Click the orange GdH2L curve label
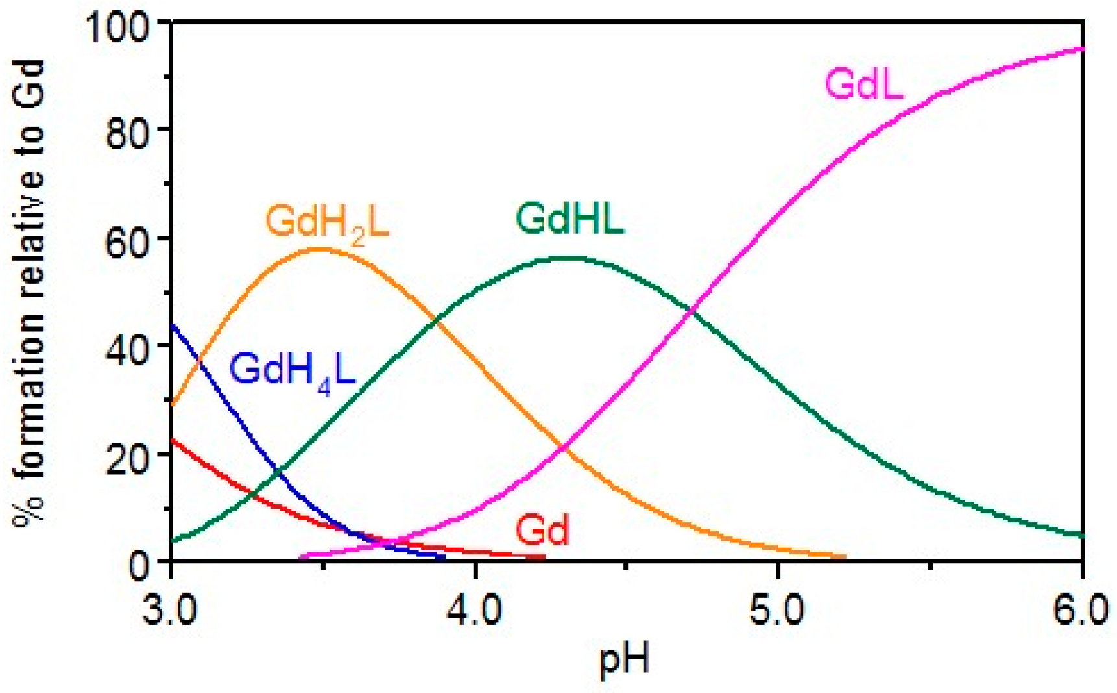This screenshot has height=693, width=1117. (328, 223)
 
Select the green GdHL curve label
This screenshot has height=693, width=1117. (570, 219)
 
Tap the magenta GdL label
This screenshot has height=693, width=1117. (864, 84)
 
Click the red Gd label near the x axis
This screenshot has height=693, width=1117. (542, 529)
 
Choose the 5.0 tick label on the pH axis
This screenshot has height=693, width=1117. (778, 611)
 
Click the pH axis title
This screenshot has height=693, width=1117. (624, 661)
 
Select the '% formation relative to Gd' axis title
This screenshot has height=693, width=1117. (29, 292)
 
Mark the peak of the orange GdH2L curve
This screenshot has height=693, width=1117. (320, 249)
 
